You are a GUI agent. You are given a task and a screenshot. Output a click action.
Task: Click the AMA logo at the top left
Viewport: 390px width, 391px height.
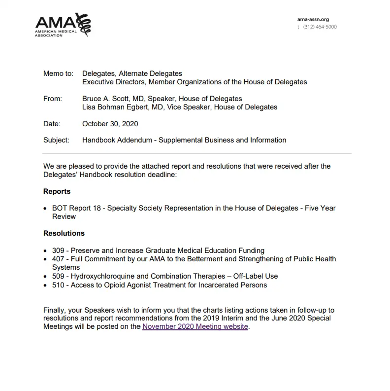(x=63, y=25)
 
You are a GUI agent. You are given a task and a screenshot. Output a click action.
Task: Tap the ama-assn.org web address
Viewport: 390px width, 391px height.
(x=313, y=20)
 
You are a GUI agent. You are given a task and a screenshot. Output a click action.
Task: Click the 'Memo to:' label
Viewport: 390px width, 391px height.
(x=58, y=73)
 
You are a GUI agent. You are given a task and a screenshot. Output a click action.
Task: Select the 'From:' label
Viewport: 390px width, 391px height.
(x=53, y=99)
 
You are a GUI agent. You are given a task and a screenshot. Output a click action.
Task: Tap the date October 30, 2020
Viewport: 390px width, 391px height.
(x=110, y=124)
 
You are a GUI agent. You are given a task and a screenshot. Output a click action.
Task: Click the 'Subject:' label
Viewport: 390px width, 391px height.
(x=56, y=140)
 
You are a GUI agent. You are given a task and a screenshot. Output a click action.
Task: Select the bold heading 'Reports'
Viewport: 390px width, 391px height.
(x=57, y=191)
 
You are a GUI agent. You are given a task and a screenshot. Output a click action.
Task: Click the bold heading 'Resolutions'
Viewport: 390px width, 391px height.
(x=64, y=233)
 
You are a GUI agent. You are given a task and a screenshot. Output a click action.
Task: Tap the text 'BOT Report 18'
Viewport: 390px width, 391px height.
(x=76, y=208)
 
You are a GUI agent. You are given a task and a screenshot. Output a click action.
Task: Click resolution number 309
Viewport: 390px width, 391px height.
(x=58, y=250)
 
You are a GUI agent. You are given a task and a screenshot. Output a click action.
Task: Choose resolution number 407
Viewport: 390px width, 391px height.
(x=58, y=259)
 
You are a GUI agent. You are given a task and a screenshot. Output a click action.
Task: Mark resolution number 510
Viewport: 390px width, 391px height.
(x=58, y=285)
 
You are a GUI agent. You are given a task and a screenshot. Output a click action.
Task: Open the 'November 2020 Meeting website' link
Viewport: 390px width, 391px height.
(x=195, y=326)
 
